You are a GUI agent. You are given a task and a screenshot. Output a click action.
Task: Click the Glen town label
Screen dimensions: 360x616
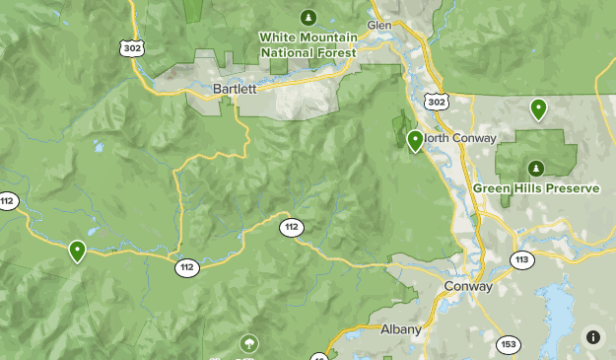379,24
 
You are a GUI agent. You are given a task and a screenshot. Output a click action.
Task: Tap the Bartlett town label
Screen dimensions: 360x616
234,88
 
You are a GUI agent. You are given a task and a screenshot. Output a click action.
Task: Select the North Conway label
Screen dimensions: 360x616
459,138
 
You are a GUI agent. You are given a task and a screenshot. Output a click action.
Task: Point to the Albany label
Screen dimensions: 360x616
401,328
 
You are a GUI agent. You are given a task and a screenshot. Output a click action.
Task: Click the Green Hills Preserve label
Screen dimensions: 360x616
536,187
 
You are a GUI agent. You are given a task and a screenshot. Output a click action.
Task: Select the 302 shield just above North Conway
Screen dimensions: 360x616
438,102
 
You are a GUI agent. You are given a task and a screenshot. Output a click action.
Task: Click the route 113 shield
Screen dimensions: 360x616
521,260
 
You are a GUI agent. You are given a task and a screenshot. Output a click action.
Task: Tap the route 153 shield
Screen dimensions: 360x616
509,343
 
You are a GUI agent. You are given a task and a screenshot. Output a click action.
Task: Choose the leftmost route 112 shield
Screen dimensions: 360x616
8,201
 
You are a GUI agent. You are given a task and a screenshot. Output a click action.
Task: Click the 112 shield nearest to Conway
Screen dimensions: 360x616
291,228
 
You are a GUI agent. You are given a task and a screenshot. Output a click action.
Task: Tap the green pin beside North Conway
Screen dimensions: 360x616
415,141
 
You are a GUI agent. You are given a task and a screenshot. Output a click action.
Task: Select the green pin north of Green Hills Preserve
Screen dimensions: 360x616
538,108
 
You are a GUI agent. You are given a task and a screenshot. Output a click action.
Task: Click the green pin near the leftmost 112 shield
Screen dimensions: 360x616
77,252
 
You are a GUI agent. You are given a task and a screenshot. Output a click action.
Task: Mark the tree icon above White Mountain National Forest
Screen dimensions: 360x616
308,17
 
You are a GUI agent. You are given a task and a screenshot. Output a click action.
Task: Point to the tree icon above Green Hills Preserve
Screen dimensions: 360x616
536,168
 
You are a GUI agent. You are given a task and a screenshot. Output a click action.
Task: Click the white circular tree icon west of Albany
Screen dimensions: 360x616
249,344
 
